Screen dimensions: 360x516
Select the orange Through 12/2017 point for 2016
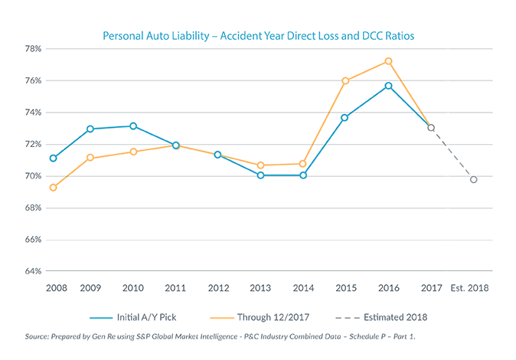pos(388,61)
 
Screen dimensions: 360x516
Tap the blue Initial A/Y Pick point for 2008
pos(52,158)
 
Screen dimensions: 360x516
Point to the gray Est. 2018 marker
pos(474,179)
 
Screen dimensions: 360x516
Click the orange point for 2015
pos(345,80)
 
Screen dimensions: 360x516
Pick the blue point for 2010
pos(133,126)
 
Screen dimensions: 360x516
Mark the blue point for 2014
pos(302,175)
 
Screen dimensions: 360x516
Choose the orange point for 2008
pos(52,187)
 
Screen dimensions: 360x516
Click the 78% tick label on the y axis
pos(32,48)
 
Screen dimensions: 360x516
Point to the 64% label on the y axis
pos(32,272)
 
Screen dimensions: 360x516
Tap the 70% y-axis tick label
pos(32,176)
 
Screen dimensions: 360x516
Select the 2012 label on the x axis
pos(218,290)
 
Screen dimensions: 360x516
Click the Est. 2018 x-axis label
pos(471,290)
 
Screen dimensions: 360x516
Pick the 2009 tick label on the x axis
pos(90,290)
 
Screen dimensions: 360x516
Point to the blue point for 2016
pos(388,86)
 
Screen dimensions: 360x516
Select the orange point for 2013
pos(260,165)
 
